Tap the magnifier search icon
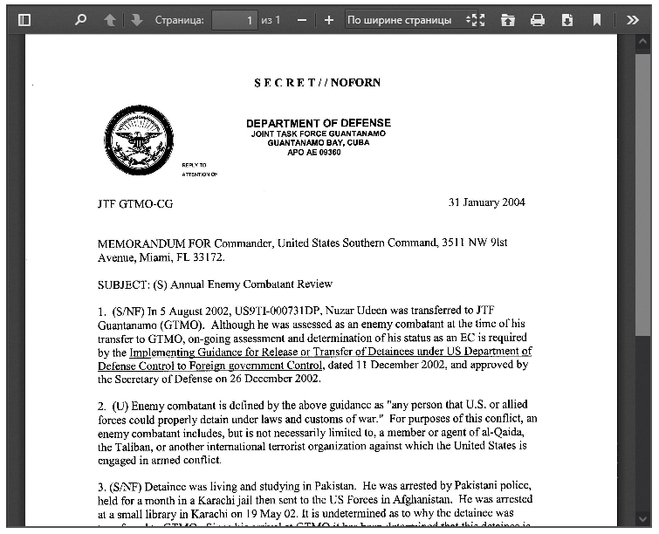tap(81, 19)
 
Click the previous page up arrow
tap(109, 19)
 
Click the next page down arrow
tap(136, 19)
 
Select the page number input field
tap(234, 19)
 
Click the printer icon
tap(538, 19)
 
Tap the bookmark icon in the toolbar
tap(597, 19)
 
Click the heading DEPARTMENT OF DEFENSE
tap(318, 123)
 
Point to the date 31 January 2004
tap(486, 202)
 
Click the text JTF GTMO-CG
tap(135, 203)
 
